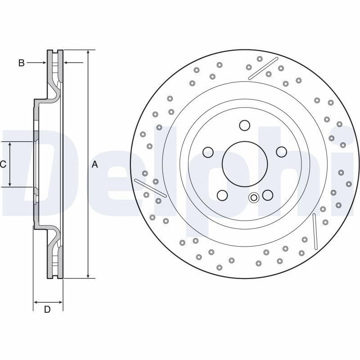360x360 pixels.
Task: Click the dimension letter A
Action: click(94, 164)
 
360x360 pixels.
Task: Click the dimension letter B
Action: click(21, 63)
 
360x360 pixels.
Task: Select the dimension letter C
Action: click(3, 164)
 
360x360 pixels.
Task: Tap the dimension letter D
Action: click(47, 310)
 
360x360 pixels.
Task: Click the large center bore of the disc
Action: click(245, 164)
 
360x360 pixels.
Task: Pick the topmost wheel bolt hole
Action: click(244, 126)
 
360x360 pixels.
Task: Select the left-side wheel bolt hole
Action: click(208, 152)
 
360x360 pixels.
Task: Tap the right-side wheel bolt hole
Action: click(282, 152)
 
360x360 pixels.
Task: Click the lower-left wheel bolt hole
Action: click(222, 195)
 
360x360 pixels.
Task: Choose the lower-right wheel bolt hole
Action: click(268, 195)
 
